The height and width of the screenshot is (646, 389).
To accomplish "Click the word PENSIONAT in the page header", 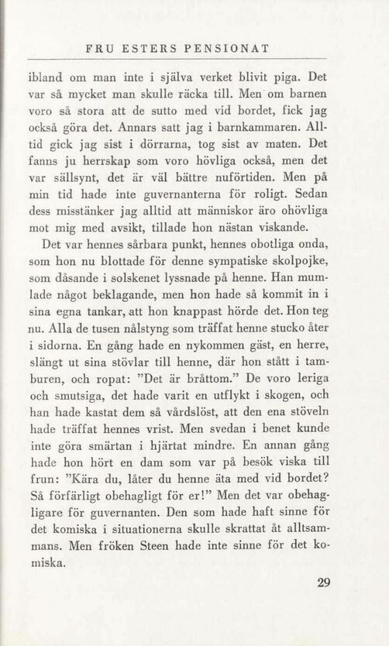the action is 226,49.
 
